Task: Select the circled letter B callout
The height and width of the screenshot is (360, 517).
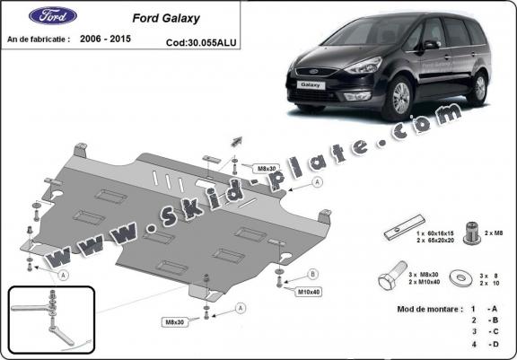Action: pyautogui.click(x=312, y=273)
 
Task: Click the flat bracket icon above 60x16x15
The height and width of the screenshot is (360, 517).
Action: pyautogui.click(x=398, y=231)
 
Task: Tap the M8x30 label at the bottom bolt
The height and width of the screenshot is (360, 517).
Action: pyautogui.click(x=175, y=322)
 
